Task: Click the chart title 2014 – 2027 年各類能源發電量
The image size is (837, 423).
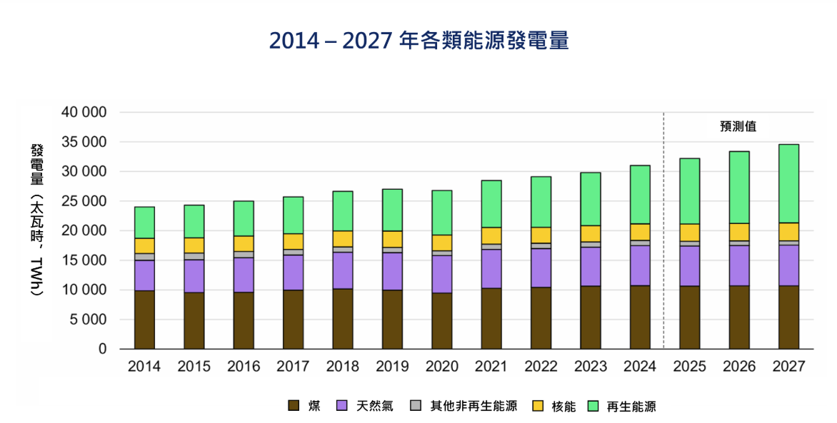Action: point(418,41)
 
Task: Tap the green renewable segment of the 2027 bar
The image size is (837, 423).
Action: point(788,183)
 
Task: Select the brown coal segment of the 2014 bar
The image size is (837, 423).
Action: point(144,320)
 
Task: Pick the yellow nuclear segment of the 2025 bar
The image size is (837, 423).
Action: point(689,233)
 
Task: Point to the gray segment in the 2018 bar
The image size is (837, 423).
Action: point(343,250)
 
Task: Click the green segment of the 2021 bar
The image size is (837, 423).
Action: point(491,204)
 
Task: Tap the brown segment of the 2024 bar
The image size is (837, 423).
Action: point(640,317)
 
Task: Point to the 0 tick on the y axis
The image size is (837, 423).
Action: point(103,350)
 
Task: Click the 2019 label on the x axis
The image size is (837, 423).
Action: point(392,367)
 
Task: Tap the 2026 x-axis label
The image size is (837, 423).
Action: point(739,367)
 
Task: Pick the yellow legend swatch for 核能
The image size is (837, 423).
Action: point(540,406)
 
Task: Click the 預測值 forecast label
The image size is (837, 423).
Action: point(738,126)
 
